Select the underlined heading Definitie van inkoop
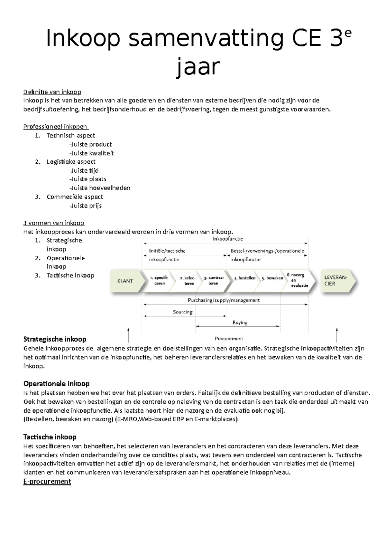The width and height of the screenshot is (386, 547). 52,92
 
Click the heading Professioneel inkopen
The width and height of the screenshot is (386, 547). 55,127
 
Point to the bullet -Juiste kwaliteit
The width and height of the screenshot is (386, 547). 91,153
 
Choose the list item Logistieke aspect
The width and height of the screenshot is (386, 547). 71,162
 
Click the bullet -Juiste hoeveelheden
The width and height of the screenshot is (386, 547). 100,188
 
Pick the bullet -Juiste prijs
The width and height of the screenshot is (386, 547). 86,206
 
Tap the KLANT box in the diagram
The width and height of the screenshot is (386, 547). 125,281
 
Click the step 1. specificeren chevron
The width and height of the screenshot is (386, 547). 158,281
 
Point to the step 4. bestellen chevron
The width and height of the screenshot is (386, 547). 245,278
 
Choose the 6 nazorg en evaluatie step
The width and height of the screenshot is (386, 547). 298,280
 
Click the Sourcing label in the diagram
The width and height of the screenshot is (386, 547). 183,312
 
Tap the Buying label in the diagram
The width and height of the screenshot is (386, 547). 240,322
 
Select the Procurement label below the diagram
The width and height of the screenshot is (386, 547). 229,339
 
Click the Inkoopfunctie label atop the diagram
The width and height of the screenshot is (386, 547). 227,239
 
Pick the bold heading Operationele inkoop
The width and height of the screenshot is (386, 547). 56,384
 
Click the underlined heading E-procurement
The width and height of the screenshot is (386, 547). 47,482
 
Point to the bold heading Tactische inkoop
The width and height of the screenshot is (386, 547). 50,437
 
